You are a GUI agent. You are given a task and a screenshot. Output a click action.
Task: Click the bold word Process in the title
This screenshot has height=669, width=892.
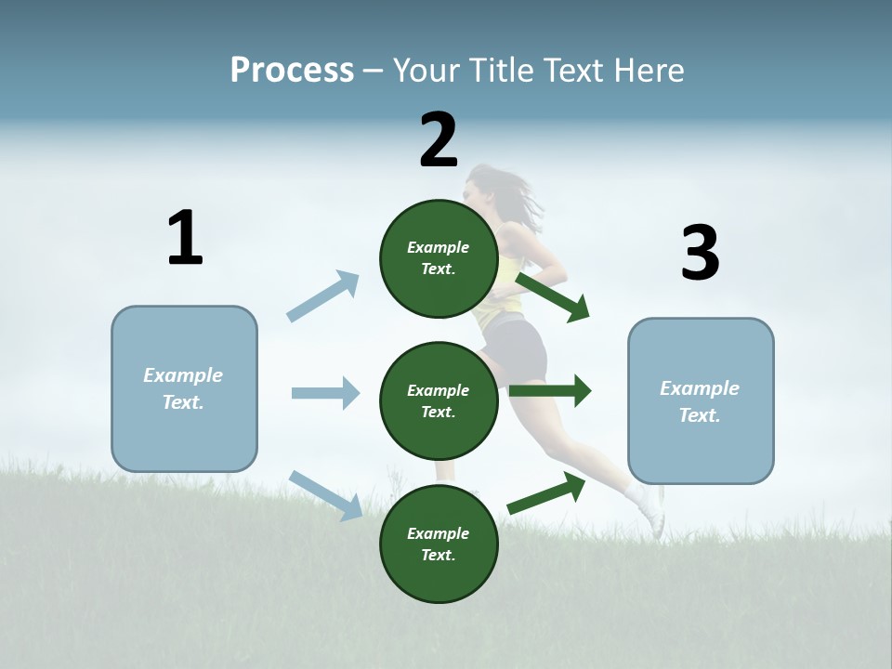click(292, 71)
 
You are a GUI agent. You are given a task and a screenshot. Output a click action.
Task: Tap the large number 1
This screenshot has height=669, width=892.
click(185, 239)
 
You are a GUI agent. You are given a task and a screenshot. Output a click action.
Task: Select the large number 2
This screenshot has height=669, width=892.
click(439, 140)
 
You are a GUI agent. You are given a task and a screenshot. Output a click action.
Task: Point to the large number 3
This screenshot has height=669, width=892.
click(700, 254)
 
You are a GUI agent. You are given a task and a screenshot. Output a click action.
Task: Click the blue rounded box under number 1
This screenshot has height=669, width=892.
click(184, 388)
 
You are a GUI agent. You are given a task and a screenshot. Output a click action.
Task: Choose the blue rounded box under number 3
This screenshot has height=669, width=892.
click(701, 400)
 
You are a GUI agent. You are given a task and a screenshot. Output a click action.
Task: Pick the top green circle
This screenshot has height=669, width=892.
click(439, 258)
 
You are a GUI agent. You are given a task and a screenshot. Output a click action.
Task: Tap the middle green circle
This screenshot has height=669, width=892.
click(439, 400)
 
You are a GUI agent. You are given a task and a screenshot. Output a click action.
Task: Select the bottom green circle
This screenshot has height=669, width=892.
click(439, 544)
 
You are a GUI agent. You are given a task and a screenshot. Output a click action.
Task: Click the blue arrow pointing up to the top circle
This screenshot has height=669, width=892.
click(323, 295)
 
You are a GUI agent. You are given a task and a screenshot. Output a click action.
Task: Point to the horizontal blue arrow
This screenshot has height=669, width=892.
click(325, 393)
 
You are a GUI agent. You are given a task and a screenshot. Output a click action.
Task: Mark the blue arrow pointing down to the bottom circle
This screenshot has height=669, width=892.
click(326, 494)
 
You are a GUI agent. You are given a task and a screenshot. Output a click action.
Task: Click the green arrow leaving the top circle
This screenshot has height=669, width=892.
click(552, 297)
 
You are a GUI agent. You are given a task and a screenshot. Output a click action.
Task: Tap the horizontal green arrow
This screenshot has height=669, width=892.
click(550, 391)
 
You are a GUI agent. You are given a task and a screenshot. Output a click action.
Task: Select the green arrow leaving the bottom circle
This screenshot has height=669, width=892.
click(546, 492)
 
